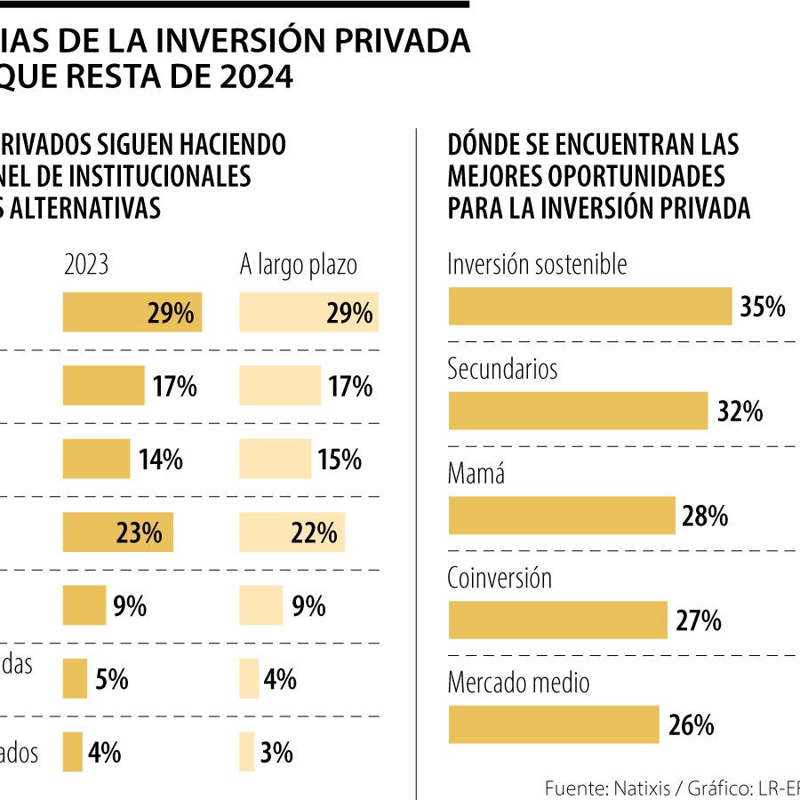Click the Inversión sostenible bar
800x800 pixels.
588,307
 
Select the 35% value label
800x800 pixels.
763,308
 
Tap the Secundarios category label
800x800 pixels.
502,369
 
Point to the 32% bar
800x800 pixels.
578,412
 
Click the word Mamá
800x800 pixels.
476,474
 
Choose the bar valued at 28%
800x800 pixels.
562,516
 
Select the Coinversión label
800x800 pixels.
500,579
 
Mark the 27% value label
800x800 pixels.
699,620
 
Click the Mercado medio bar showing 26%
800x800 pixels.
553,724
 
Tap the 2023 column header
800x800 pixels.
86,265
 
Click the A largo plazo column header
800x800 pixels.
298,265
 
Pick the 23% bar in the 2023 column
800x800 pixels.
117,532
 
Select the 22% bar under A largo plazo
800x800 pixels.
292,532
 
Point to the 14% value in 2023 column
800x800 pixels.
160,460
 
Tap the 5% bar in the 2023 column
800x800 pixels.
75,679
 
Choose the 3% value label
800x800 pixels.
276,753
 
